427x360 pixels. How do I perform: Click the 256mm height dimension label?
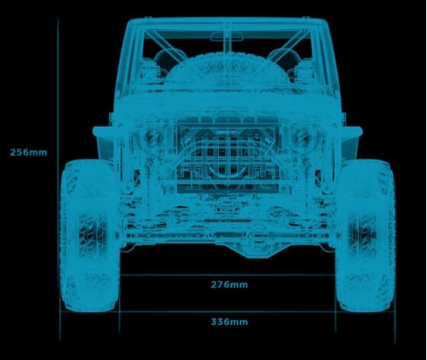tap(28, 153)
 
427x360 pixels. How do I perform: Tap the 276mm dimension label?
tap(230, 284)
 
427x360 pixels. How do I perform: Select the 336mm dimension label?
tap(230, 322)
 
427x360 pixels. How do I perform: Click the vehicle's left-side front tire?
tap(90, 236)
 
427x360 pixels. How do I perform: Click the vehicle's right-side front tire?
tap(365, 236)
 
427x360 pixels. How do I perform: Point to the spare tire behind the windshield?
tap(228, 72)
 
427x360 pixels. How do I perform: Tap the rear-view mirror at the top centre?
tap(227, 37)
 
